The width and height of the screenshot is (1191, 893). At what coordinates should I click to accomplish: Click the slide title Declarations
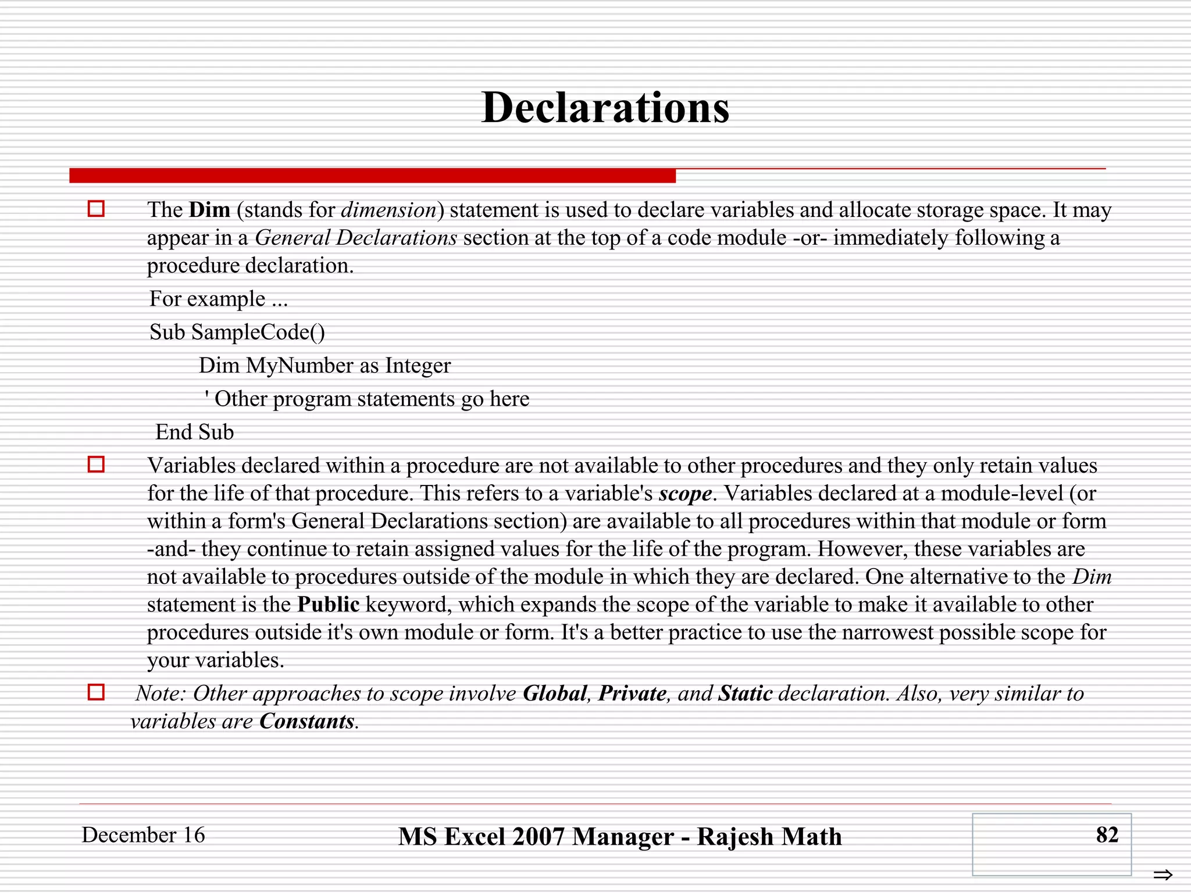605,108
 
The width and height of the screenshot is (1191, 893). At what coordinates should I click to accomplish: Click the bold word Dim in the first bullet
209,210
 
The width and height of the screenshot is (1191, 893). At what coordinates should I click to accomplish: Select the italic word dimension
388,210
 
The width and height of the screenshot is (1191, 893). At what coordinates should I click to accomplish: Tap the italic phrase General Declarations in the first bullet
356,238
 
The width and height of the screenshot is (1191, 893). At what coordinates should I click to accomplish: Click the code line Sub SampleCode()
237,332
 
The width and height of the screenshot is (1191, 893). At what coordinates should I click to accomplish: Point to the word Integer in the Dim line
418,366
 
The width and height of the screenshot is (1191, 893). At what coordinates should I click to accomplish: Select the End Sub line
194,432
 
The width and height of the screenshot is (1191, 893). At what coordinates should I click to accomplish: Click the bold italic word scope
685,494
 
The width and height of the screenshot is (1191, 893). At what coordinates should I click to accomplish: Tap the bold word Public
329,605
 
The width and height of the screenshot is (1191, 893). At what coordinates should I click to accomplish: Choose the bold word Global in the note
555,694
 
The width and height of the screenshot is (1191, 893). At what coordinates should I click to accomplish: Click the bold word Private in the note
632,694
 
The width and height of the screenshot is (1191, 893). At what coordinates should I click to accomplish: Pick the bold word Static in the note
746,694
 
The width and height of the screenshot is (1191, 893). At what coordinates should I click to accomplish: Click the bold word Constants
306,721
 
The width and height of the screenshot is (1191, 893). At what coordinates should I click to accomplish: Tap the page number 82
1107,835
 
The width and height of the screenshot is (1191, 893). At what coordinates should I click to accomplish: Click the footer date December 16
143,835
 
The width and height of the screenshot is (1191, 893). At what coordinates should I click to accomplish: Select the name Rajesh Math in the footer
769,837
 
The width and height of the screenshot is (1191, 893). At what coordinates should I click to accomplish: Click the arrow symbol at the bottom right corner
1163,874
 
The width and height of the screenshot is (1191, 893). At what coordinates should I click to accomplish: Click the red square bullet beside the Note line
96,692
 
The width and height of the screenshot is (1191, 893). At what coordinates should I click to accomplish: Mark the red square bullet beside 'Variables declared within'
96,465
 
